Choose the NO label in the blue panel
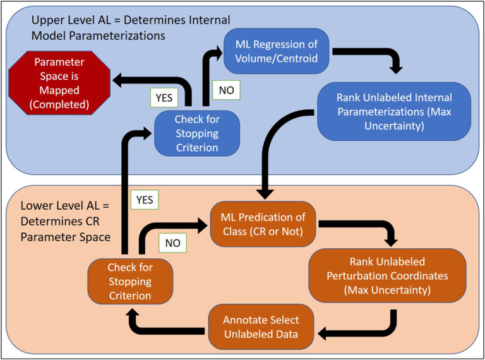pos(227,90)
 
